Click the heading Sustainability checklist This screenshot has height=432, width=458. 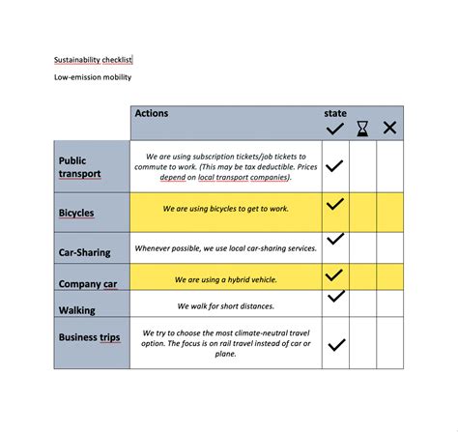click(x=93, y=59)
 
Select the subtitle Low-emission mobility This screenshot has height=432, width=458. click(x=93, y=77)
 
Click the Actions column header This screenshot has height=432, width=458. click(x=152, y=114)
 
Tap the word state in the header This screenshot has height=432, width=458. click(x=334, y=114)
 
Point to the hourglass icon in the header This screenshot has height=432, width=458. click(x=362, y=128)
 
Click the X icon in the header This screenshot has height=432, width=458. click(x=389, y=128)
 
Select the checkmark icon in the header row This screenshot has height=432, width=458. click(x=335, y=128)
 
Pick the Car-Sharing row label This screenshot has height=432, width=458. click(x=85, y=252)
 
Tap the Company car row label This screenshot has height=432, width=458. click(x=87, y=283)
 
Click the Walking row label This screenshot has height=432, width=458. click(x=77, y=310)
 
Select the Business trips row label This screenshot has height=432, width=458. click(x=91, y=336)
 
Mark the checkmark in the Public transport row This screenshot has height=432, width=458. click(x=334, y=166)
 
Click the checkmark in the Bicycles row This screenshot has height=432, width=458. click(x=334, y=205)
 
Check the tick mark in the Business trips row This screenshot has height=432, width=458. click(x=336, y=344)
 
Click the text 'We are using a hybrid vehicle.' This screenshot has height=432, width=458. click(x=226, y=279)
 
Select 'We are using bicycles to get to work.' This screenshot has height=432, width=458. click(x=226, y=208)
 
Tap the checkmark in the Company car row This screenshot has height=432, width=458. click(x=334, y=275)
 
